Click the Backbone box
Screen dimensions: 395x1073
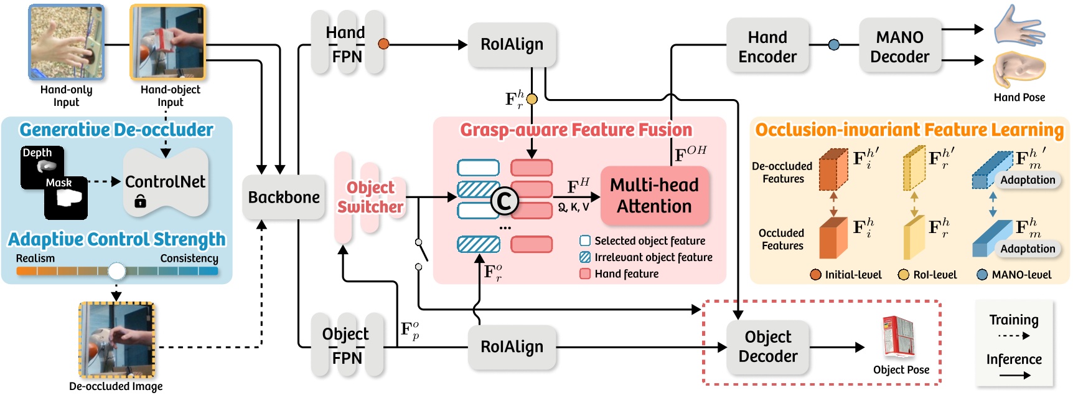pos(284,197)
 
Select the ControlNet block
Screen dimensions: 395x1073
pos(166,181)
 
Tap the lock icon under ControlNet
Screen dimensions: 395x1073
pos(140,201)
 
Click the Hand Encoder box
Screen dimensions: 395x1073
pos(767,47)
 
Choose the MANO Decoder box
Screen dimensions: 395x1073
pos(899,47)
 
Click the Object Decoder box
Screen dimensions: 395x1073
pos(767,346)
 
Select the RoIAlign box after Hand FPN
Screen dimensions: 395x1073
pos(512,45)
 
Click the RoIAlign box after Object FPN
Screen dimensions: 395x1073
pos(512,347)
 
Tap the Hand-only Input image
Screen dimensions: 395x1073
pos(66,42)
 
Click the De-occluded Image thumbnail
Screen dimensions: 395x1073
pos(116,340)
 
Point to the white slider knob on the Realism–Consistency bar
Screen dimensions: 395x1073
pos(116,271)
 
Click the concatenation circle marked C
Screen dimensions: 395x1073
pos(504,201)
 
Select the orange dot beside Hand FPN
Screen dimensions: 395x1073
pos(383,44)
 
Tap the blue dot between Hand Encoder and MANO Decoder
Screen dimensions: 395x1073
pos(834,45)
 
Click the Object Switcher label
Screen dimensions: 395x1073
pos(370,197)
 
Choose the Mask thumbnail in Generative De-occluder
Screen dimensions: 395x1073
pos(66,197)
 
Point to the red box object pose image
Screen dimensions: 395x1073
pos(898,337)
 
